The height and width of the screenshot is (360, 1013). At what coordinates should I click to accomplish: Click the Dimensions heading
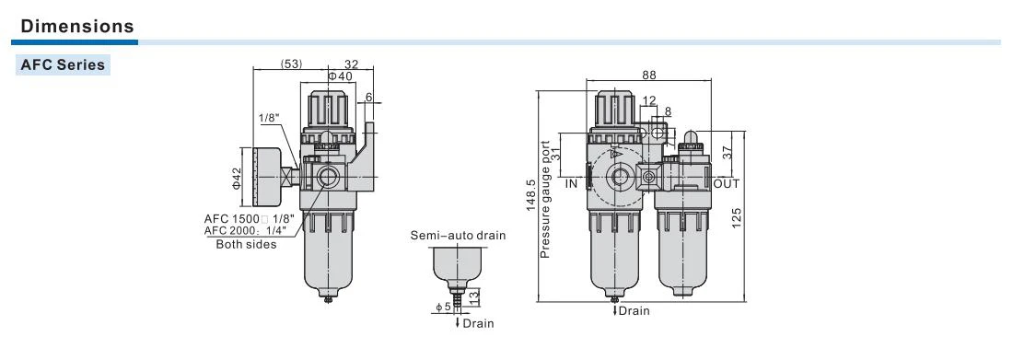(x=77, y=27)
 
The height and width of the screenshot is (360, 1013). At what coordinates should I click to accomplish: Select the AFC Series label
(x=63, y=64)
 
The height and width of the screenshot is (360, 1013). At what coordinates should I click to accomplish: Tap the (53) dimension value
(x=291, y=64)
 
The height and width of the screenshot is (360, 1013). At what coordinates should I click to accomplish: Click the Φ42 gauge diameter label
(x=236, y=178)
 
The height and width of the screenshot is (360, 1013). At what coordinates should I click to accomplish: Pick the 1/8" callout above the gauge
(x=268, y=118)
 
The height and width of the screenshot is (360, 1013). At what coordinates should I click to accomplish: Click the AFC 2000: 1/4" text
(x=249, y=231)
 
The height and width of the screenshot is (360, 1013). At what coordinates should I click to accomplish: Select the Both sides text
(x=246, y=244)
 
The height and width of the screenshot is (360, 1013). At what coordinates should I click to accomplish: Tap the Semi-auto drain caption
(x=458, y=236)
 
